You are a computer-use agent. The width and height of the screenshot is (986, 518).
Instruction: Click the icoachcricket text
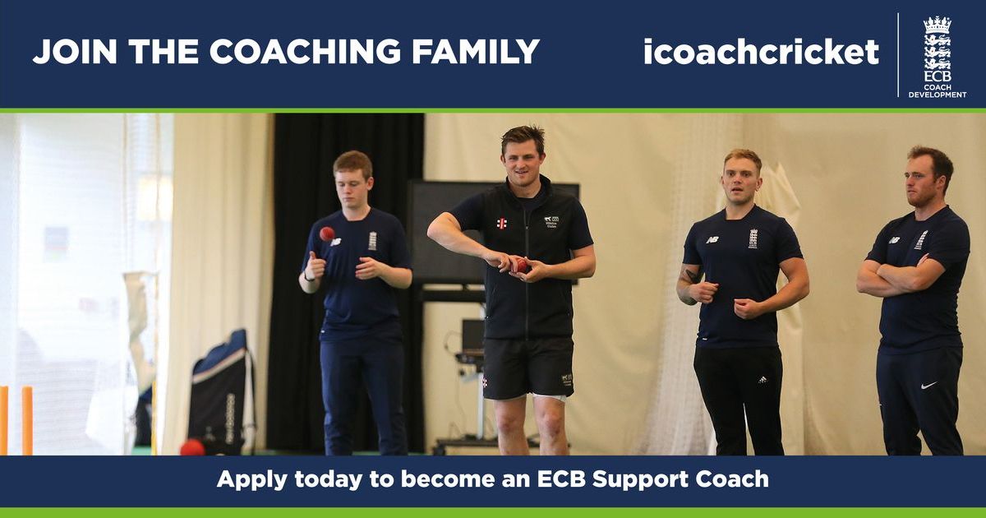point(760,52)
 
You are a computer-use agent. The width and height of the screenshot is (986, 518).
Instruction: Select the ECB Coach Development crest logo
point(937,55)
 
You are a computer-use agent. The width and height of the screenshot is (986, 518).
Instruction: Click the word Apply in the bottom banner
point(246,479)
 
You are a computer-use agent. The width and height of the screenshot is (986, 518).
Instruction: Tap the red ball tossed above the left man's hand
point(327,234)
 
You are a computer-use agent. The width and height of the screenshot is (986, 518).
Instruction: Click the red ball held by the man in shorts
point(520,265)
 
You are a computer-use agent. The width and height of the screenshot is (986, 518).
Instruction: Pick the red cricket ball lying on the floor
point(192,447)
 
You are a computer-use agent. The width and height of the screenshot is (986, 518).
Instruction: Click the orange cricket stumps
point(16,419)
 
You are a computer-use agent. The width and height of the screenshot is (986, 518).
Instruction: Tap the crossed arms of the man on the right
point(904,275)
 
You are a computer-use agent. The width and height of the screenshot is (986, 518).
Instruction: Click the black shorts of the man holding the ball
point(528,366)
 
